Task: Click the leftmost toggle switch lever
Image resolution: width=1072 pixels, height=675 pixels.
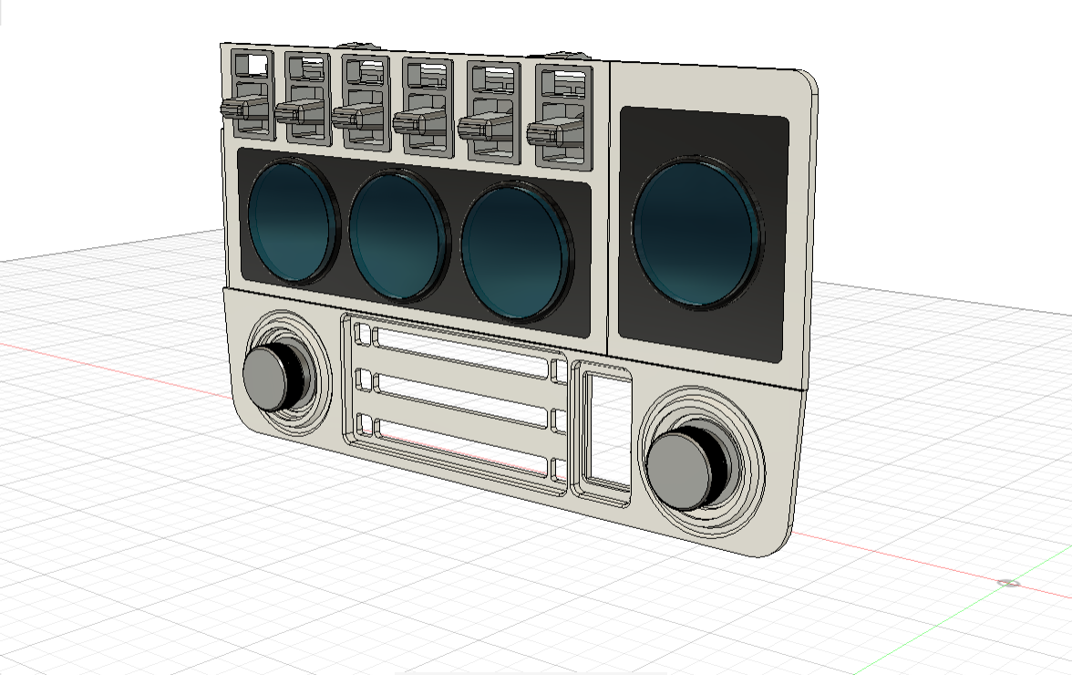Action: coord(238,109)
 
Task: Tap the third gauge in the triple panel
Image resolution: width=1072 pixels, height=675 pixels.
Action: coord(513,251)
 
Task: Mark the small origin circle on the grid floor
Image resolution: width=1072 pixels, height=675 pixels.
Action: coord(1008,583)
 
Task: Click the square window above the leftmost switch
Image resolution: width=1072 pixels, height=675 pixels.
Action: coord(253,65)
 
